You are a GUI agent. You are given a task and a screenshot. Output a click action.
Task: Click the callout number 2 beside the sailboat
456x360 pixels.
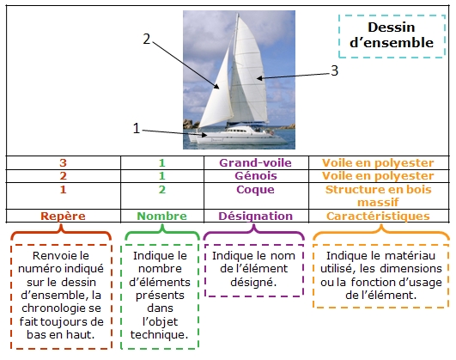(147, 39)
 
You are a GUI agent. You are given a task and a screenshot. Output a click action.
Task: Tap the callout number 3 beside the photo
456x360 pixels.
(335, 70)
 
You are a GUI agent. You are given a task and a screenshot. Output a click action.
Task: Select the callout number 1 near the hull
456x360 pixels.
(136, 128)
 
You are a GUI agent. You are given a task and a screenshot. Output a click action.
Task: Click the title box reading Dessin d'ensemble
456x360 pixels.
(392, 35)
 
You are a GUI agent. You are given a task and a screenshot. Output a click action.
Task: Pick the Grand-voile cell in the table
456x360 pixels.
(255, 162)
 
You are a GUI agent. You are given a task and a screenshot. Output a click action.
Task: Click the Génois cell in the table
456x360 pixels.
(256, 176)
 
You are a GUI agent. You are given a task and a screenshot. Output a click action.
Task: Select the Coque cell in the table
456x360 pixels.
(255, 190)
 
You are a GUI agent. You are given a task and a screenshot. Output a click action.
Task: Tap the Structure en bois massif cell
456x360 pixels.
(378, 196)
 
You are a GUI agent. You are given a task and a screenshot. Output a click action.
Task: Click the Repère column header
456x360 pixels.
(63, 216)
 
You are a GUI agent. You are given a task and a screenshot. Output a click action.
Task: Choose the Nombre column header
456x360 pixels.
(162, 216)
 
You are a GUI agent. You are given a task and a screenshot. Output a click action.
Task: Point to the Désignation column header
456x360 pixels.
(255, 216)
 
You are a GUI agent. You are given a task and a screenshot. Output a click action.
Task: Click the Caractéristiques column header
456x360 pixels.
(378, 216)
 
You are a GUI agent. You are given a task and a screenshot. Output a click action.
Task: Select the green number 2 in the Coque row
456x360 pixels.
(162, 190)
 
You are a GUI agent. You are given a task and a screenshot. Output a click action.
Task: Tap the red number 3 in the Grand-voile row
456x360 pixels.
(63, 162)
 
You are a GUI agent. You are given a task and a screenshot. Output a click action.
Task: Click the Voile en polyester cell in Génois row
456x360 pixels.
(378, 176)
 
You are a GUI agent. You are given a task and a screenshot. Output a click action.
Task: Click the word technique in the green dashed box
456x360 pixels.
(160, 335)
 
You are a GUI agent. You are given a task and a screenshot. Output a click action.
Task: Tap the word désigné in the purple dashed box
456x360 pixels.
(253, 283)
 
